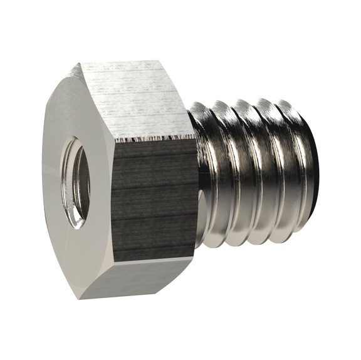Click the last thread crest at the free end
(304, 175)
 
